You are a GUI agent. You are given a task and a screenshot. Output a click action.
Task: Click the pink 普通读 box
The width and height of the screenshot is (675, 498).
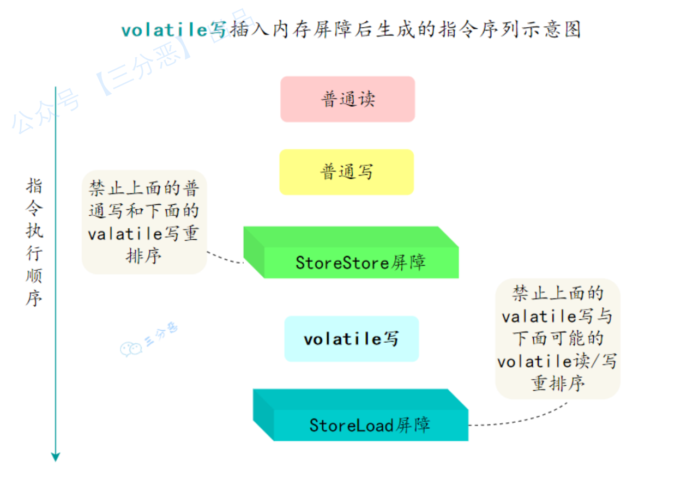[x=347, y=99]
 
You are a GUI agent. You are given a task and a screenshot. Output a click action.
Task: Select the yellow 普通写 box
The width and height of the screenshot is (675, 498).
[x=347, y=172]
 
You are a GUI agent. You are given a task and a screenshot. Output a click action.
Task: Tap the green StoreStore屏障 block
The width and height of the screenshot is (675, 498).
[x=360, y=262]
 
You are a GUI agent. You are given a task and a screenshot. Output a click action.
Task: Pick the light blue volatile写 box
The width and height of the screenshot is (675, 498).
[x=351, y=339]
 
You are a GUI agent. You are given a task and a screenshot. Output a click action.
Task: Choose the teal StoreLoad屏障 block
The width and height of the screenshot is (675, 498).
[x=370, y=424]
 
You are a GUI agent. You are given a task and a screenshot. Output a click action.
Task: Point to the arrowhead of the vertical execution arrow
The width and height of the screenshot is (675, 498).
[x=55, y=456]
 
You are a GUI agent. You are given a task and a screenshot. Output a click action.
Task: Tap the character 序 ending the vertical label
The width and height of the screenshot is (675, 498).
[x=34, y=299]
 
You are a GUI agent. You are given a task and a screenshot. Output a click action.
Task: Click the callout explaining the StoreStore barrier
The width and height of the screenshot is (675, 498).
[x=144, y=222]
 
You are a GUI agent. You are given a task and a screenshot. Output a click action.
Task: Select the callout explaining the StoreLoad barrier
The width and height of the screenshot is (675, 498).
[x=557, y=338]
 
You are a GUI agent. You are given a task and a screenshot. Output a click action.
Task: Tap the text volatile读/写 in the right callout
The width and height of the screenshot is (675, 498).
[x=557, y=361]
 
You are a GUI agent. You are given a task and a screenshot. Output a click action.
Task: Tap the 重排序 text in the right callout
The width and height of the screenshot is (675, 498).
[x=558, y=384]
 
